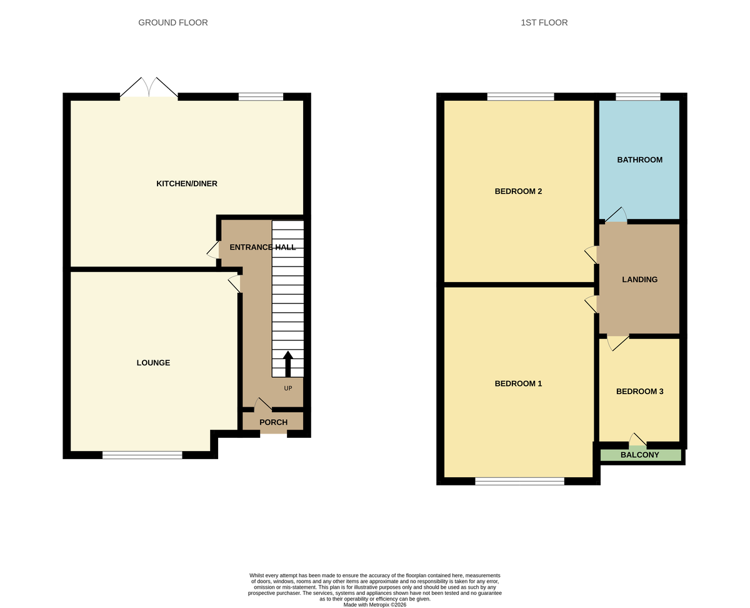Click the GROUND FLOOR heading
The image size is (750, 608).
tap(173, 23)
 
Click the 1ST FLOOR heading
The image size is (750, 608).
tap(544, 23)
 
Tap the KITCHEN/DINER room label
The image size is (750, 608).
tap(186, 183)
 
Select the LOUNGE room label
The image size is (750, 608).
tap(153, 363)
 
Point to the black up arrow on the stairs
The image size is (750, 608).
tap(288, 363)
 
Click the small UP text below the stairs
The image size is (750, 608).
tap(288, 388)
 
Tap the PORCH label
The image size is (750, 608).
tap(273, 422)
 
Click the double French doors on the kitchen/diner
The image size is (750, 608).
tap(149, 89)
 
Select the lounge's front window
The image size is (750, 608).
tap(142, 455)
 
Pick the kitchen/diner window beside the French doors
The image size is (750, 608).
tap(261, 96)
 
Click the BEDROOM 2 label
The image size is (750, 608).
tap(518, 191)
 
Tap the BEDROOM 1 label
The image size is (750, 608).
tap(518, 383)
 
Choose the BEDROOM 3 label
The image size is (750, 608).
tap(639, 392)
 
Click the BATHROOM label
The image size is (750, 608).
tap(639, 160)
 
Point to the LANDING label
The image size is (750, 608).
tap(639, 280)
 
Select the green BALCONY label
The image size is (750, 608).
tap(639, 455)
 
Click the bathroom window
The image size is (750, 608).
tap(637, 96)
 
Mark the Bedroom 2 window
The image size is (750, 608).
tap(521, 96)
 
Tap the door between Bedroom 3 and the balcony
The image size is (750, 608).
tap(637, 440)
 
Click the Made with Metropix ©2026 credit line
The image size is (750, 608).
tap(375, 605)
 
